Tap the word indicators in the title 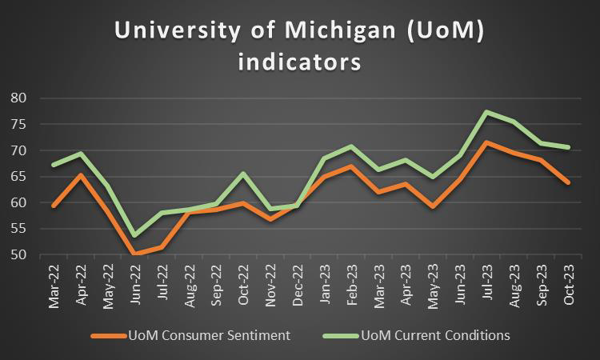pos(299,61)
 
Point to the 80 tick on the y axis pos(20,98)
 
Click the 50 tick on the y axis pos(20,255)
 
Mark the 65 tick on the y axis pos(20,177)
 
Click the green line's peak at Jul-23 pos(486,112)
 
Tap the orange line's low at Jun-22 pos(134,254)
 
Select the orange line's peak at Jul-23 pos(486,142)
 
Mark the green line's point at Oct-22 pos(242,174)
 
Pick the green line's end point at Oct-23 pos(568,147)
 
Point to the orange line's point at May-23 pos(432,206)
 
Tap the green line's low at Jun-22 pos(134,235)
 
